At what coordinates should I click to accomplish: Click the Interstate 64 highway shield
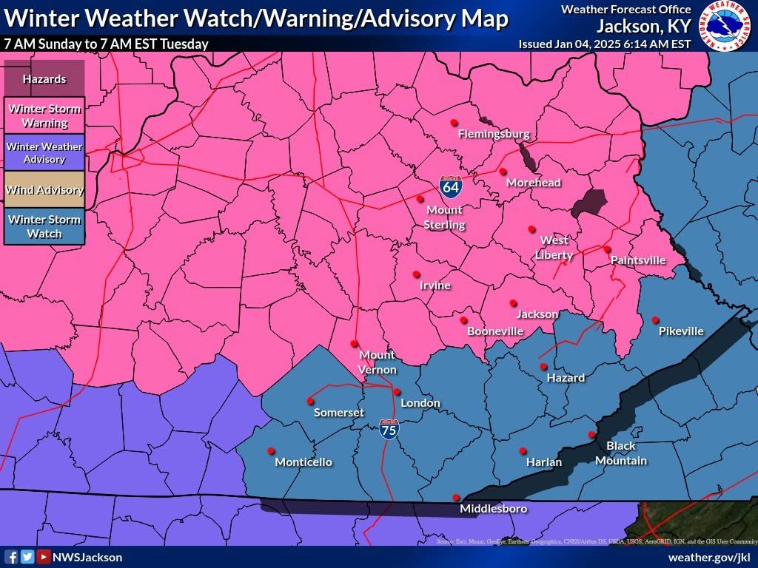point(450,186)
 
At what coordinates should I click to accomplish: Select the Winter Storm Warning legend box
point(44,116)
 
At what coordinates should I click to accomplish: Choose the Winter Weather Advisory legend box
point(44,153)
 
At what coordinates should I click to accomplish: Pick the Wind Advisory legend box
point(44,190)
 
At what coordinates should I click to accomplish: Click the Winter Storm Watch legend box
point(44,226)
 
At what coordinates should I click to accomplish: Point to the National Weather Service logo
point(726,26)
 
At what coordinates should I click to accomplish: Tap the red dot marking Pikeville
point(655,319)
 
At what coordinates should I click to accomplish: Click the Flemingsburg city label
point(494,134)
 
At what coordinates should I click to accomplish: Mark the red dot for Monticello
point(271,450)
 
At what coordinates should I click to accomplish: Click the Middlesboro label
point(494,509)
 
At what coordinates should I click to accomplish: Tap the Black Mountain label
point(621,453)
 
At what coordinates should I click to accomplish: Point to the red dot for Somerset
point(310,401)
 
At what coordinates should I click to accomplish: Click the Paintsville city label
point(637,260)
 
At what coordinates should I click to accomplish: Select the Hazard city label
point(566,377)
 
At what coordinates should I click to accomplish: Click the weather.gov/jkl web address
point(709,557)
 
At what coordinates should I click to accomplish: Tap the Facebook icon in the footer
point(12,557)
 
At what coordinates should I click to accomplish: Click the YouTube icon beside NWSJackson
point(43,557)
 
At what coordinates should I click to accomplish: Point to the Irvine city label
point(435,285)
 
